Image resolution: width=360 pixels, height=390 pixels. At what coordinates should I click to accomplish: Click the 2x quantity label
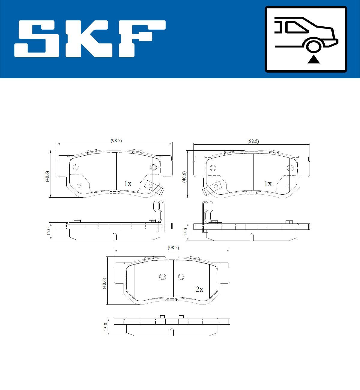click(x=199, y=289)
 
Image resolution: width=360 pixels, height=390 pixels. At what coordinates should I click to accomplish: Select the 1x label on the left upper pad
click(x=128, y=184)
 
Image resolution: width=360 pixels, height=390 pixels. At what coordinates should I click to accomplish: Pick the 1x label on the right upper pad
click(x=268, y=184)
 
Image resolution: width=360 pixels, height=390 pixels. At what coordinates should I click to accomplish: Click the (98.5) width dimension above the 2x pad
click(x=173, y=248)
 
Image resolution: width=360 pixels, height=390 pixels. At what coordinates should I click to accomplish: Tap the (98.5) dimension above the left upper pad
click(x=116, y=141)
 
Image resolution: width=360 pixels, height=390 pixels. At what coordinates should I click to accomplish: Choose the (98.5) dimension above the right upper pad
click(x=253, y=141)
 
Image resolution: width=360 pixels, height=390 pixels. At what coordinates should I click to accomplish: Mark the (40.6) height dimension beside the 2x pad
click(x=104, y=283)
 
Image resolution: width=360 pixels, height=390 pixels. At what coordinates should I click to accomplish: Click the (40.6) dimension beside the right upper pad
click(x=184, y=177)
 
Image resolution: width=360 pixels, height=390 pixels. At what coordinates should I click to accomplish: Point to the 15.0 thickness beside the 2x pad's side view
click(x=105, y=327)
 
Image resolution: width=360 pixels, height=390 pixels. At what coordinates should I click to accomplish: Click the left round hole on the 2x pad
click(x=163, y=277)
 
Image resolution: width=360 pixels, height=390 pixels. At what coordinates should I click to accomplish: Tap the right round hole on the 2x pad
click(x=181, y=277)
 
